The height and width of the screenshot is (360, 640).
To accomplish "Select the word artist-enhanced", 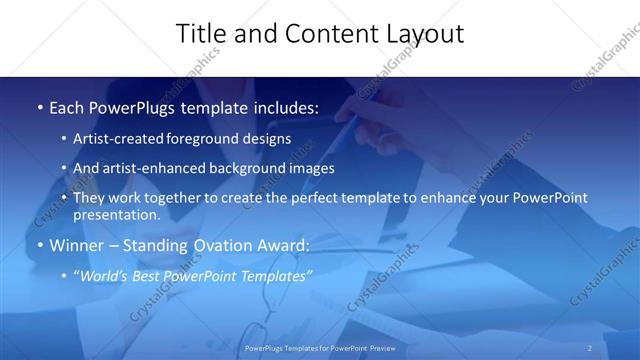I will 147,168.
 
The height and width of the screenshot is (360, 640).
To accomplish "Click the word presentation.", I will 114,214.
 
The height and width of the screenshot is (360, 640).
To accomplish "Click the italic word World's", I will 104,275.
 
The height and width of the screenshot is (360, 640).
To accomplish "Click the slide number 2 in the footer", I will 589,348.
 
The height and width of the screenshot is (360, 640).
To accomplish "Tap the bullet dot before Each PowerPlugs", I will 39,107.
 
